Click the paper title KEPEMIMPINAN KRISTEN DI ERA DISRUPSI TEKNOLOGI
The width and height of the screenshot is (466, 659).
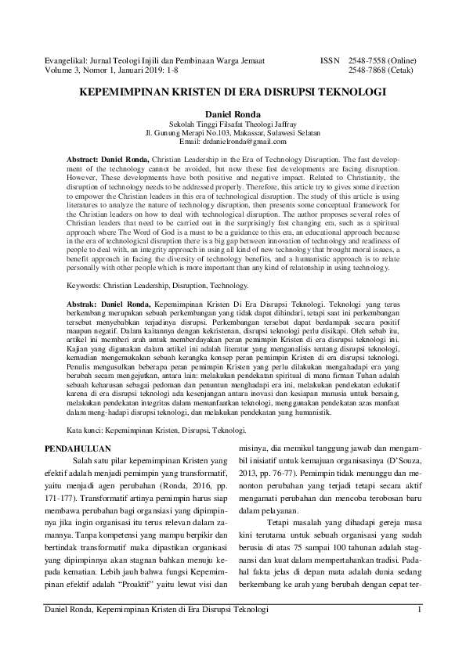click(x=233, y=92)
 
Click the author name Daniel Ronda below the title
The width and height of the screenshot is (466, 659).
click(x=233, y=114)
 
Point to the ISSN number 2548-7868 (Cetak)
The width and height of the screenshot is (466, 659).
click(x=381, y=69)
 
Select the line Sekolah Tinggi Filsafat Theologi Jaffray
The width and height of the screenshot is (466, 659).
click(x=233, y=124)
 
